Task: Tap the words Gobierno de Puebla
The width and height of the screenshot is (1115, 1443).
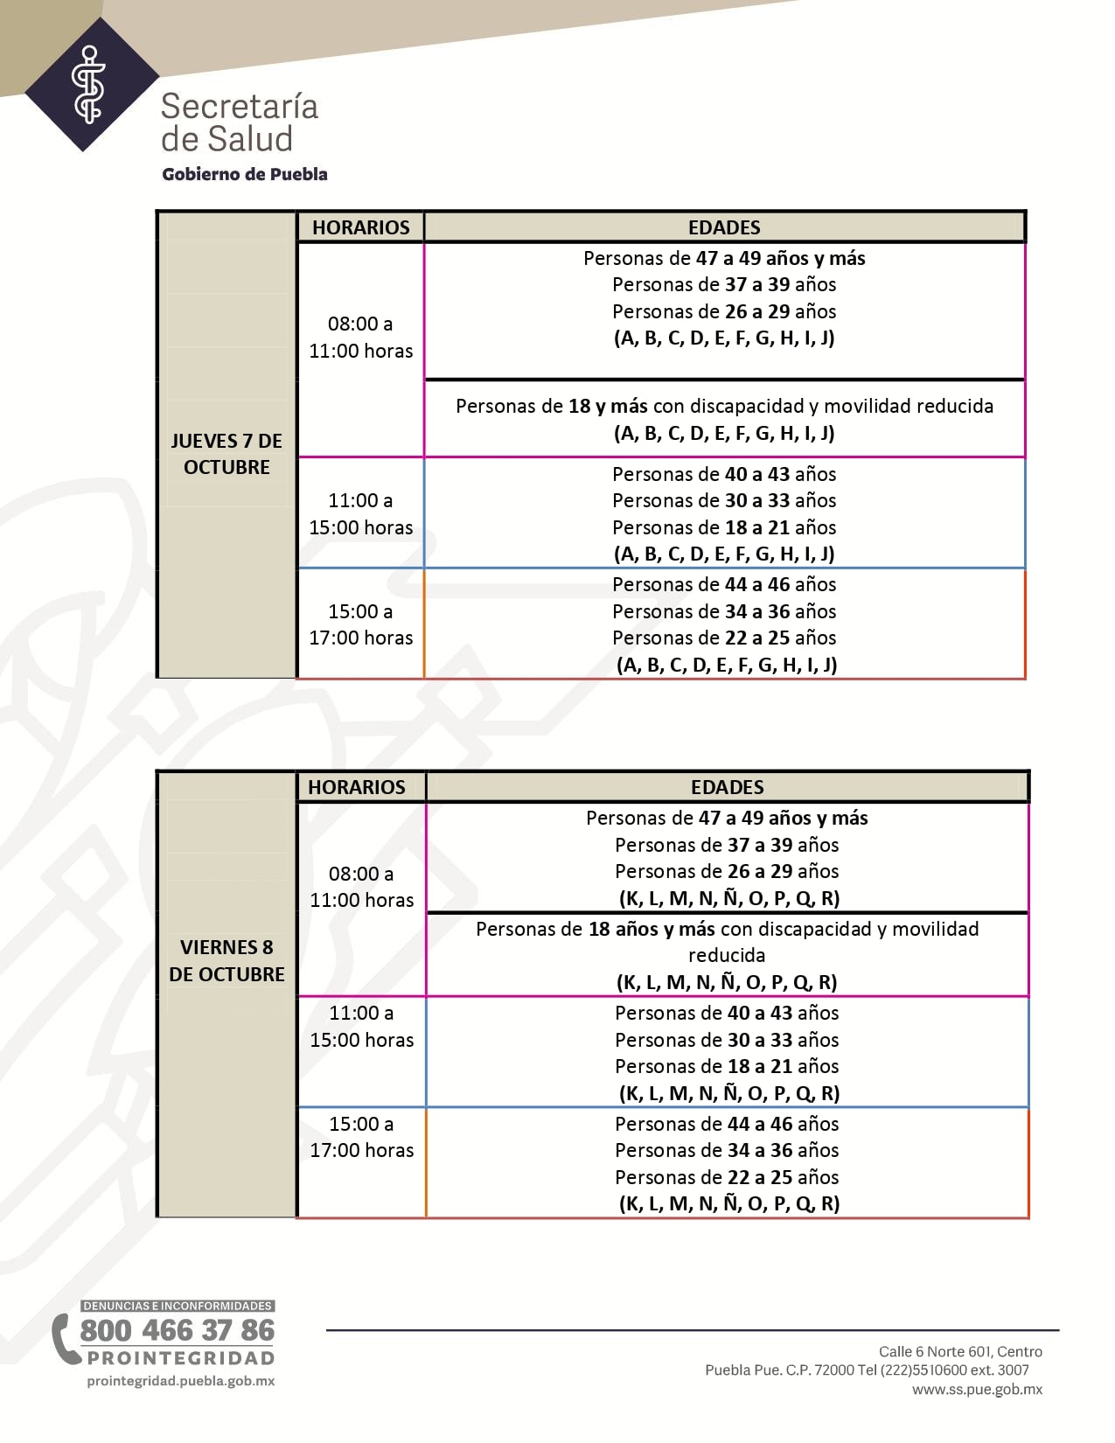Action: coord(244,174)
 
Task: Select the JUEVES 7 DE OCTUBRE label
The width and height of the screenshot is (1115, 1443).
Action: coord(226,454)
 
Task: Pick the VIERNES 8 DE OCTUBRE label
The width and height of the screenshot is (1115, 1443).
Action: coord(226,960)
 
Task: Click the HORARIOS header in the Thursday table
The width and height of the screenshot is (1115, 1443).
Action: coord(360,227)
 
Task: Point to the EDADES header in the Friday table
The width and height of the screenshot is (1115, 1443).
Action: coord(727,787)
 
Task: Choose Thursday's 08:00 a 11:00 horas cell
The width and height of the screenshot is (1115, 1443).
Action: coord(360,338)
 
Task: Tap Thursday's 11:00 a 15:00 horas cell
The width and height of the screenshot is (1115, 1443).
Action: coord(360,514)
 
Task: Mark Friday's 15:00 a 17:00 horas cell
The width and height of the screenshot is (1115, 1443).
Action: coord(361,1137)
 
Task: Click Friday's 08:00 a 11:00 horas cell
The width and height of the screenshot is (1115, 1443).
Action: coord(361,887)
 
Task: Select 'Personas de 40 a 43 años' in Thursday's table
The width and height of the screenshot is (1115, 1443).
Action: coord(724,474)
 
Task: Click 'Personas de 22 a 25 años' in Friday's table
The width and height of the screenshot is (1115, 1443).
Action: coord(727,1177)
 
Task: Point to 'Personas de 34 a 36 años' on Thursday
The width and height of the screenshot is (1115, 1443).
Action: coord(724,611)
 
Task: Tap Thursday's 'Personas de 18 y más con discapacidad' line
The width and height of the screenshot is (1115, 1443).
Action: coord(724,406)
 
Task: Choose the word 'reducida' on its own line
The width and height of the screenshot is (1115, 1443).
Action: coord(727,955)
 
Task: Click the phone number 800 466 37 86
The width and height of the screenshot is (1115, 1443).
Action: coord(178,1330)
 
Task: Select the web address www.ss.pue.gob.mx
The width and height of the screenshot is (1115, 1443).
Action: coord(977,1389)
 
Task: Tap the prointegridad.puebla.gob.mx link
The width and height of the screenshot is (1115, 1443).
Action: coord(181,1381)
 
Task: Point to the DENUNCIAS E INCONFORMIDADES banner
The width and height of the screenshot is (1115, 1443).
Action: coord(178,1306)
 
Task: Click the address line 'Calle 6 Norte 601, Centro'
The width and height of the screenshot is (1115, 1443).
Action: coord(960,1351)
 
